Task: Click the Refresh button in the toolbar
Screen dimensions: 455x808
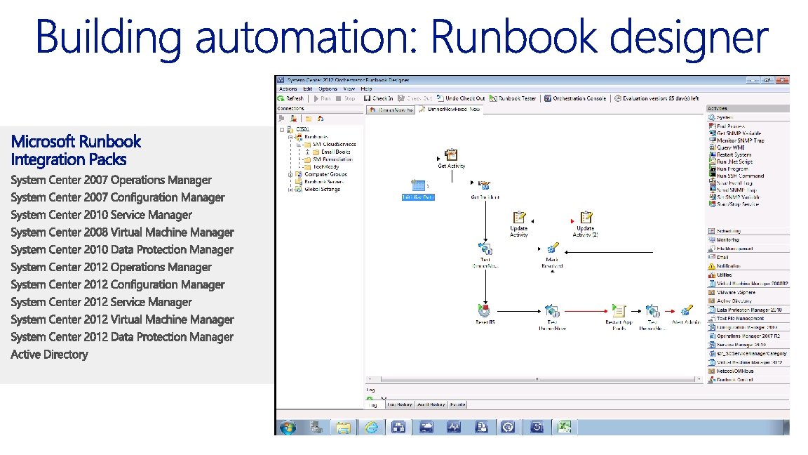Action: tap(291, 98)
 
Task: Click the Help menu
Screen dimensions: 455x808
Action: tap(366, 89)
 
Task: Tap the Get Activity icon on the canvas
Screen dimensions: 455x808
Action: tap(451, 155)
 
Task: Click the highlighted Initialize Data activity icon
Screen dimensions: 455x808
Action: tap(419, 185)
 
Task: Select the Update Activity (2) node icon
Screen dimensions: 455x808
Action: tap(585, 218)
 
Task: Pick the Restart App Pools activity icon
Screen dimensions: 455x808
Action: tap(619, 310)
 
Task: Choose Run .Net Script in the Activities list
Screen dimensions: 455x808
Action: tap(734, 161)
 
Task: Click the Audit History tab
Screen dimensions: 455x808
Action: tap(431, 404)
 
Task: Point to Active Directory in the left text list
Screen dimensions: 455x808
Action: tap(49, 355)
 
